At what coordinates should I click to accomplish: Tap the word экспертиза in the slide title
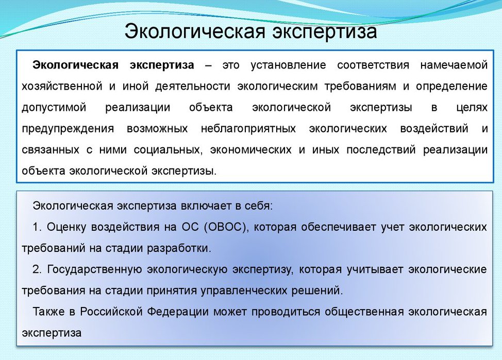pyautogui.click(x=322, y=31)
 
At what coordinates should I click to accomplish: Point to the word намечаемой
pyautogui.click(x=454, y=65)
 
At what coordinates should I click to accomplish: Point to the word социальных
pyautogui.click(x=163, y=150)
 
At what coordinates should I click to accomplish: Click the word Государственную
pyautogui.click(x=94, y=269)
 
